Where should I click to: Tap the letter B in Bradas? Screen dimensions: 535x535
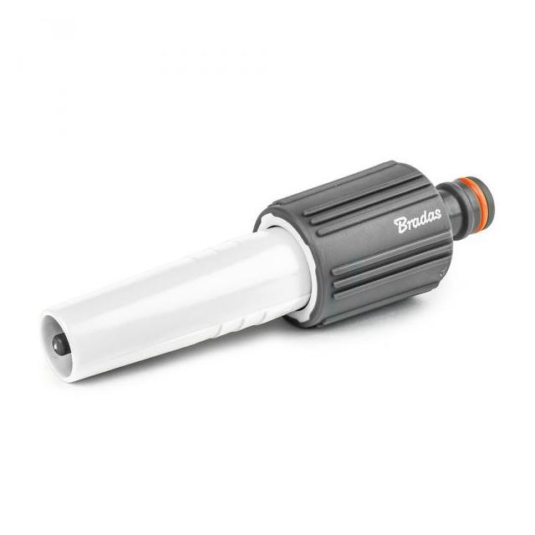pyautogui.click(x=400, y=226)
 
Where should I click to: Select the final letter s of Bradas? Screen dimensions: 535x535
pyautogui.click(x=437, y=214)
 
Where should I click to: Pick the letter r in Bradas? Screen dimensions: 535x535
pyautogui.click(x=410, y=224)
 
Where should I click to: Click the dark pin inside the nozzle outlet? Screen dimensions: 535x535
pyautogui.click(x=58, y=343)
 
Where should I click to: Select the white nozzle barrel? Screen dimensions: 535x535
pyautogui.click(x=177, y=303)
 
